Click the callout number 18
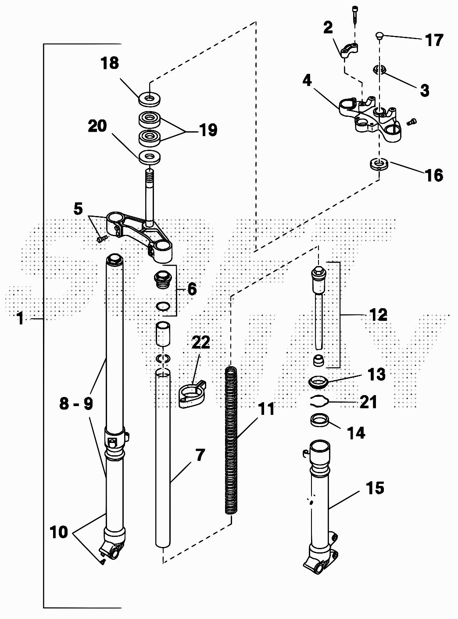110,63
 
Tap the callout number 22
200,342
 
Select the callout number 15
375,488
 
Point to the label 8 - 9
76,403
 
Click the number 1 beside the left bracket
21,318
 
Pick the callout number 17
434,40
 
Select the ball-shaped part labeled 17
380,36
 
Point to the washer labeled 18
150,98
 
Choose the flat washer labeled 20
150,156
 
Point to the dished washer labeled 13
319,381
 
